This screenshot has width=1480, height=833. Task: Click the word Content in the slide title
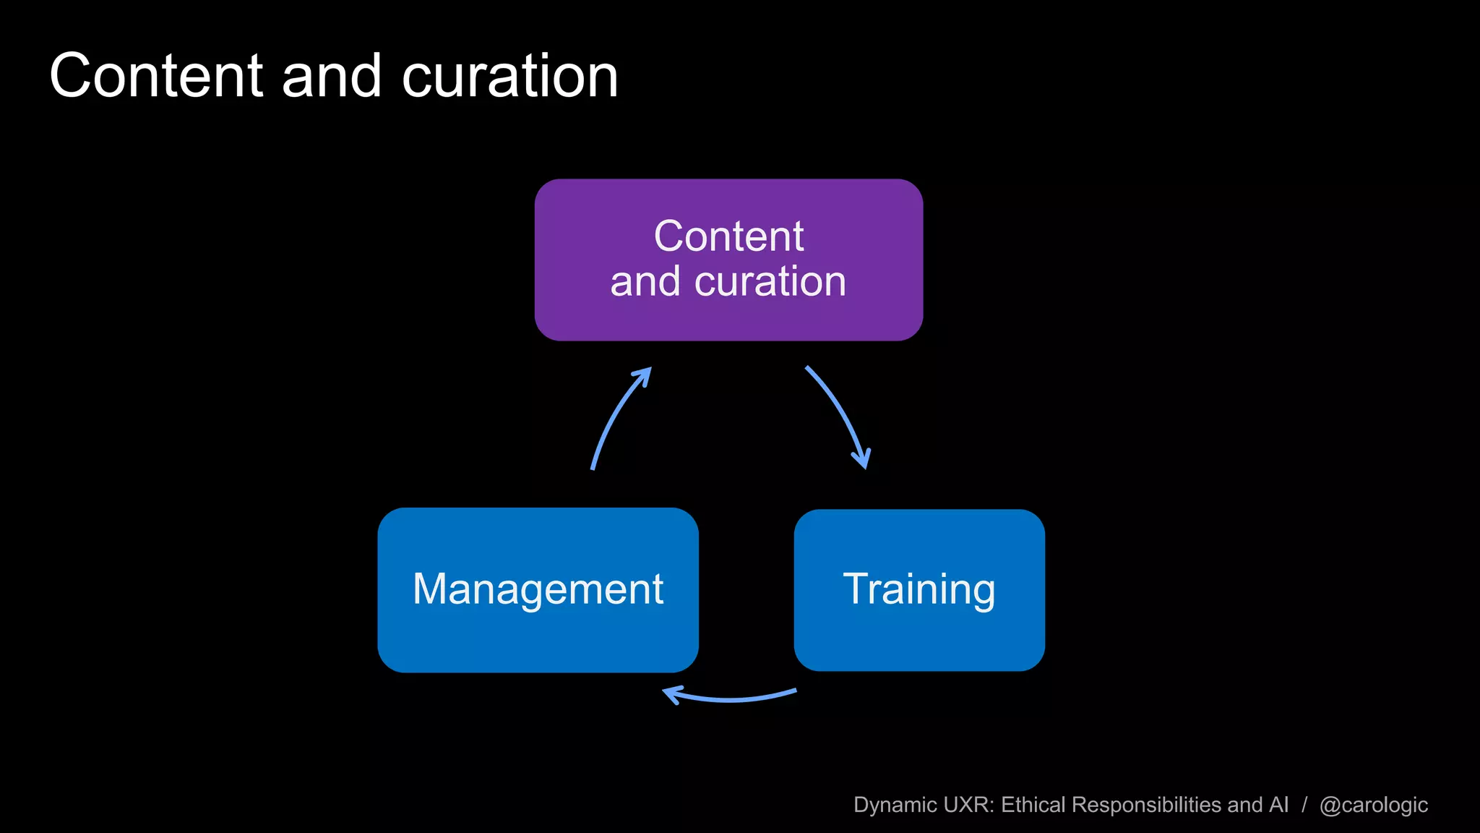155,76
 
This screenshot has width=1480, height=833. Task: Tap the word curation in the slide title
509,76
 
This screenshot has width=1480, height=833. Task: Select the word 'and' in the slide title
331,76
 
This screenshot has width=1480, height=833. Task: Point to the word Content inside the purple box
728,236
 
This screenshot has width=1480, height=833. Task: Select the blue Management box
538,636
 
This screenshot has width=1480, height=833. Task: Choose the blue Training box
919,636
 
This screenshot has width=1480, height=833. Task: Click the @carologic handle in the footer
1373,805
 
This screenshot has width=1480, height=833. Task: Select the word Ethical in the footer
1032,805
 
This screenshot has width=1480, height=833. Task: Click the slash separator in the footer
1304,805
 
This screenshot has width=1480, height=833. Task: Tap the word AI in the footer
1278,805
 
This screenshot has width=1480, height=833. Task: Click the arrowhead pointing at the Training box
862,460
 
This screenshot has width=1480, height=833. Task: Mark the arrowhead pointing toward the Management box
671,695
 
